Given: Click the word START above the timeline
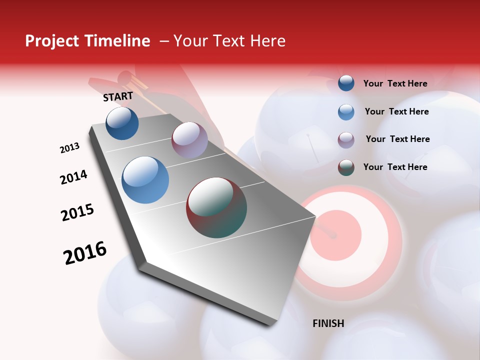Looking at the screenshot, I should click(118, 96).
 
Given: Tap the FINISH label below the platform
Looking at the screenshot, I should click(328, 323).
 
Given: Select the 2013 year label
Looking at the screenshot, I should click(69, 148).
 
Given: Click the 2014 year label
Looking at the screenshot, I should click(73, 177).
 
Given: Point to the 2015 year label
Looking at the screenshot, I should click(77, 212).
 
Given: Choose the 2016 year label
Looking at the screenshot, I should click(85, 253).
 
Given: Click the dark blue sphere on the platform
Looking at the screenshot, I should click(122, 123).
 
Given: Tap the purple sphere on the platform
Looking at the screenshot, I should click(189, 140).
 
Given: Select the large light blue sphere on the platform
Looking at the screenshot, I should click(145, 179).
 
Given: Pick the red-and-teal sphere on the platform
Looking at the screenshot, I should click(216, 207).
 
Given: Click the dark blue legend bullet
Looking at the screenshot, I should click(346, 83).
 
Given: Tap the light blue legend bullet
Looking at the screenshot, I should click(346, 111).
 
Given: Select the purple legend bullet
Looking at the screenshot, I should click(346, 139).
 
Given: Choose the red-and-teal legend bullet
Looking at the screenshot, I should click(346, 167).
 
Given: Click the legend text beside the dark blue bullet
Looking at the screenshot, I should click(395, 83).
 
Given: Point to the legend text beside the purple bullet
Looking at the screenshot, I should click(397, 139).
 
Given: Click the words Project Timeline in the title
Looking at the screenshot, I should click(87, 41).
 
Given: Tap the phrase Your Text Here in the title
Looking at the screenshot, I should click(229, 41).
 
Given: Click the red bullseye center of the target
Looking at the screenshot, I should click(335, 235).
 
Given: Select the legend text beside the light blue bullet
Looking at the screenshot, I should click(396, 111).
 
